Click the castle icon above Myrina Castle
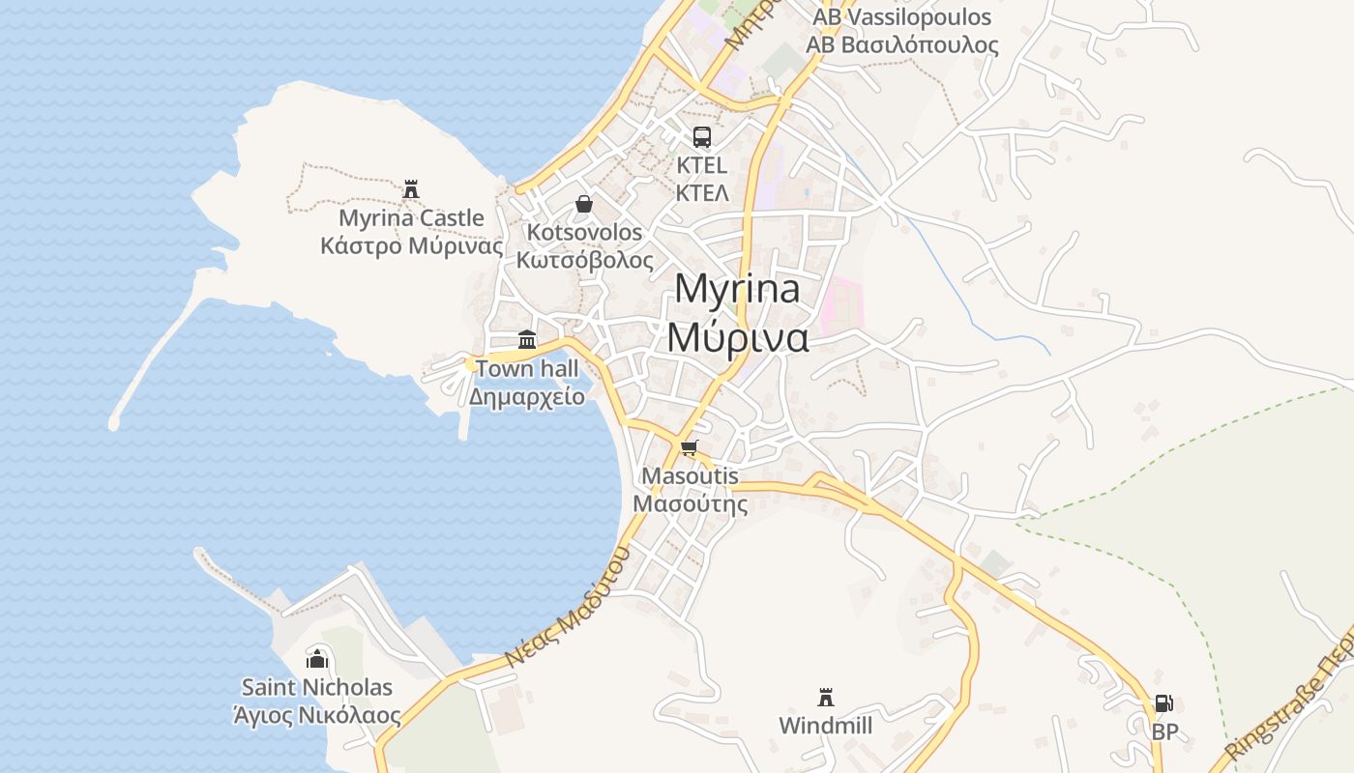(411, 188)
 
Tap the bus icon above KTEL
(702, 137)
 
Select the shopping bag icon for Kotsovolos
(584, 204)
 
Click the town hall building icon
(527, 339)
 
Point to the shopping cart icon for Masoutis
(689, 446)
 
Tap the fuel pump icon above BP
(1164, 703)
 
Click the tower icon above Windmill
(826, 697)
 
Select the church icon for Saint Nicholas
(317, 659)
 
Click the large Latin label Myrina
(737, 289)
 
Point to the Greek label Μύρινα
(737, 335)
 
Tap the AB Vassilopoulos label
(901, 17)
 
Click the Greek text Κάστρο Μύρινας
(412, 245)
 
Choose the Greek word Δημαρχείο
(527, 396)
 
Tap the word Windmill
(826, 726)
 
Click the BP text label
(1165, 732)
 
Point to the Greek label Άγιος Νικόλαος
(317, 716)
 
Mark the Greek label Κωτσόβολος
(584, 260)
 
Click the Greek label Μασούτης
(691, 503)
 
